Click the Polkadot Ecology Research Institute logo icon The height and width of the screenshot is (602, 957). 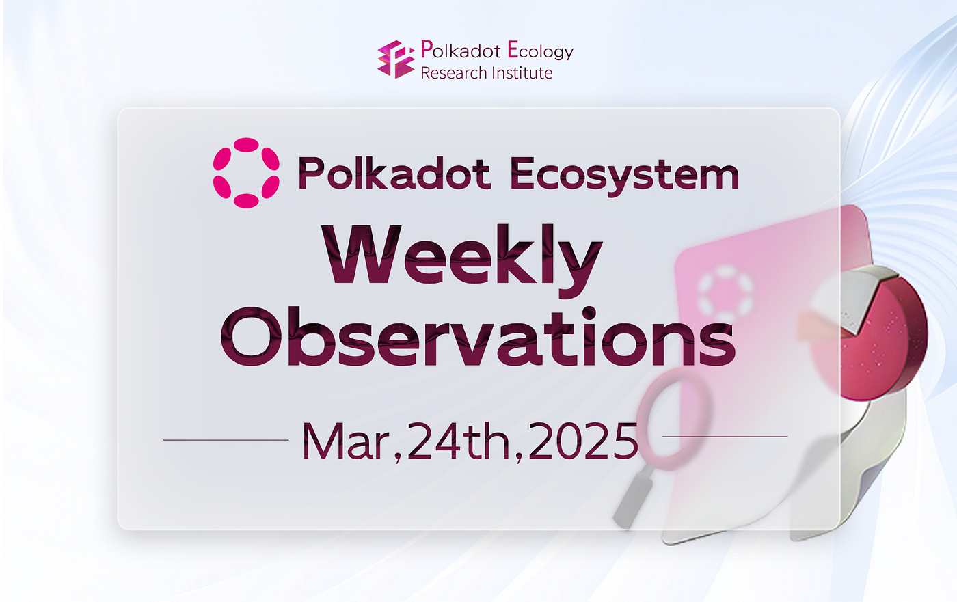tap(396, 59)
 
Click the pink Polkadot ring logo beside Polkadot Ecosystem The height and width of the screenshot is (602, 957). tap(246, 173)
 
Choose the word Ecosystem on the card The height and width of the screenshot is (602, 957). tap(624, 175)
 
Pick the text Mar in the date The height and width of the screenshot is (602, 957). tap(346, 441)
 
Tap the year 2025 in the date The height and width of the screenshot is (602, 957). tap(583, 441)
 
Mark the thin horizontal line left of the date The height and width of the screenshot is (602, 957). tap(226, 440)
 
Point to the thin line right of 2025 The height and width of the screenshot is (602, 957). tap(725, 436)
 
